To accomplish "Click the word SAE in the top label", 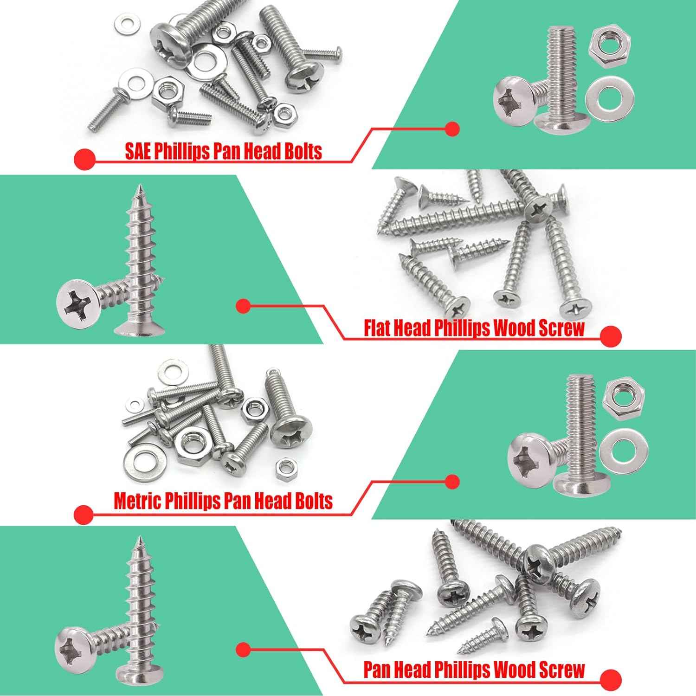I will (138, 152).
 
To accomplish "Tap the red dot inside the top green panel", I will (451, 129).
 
